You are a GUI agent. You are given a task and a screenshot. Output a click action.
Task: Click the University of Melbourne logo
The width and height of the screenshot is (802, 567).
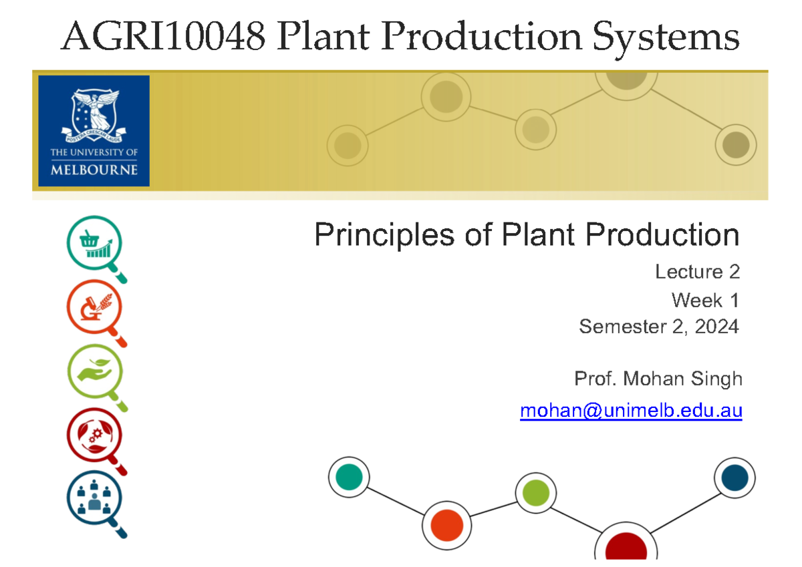94,131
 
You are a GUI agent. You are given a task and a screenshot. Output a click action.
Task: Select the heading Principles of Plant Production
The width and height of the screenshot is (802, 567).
527,235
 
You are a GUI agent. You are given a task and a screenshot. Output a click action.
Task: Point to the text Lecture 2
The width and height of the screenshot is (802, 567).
697,272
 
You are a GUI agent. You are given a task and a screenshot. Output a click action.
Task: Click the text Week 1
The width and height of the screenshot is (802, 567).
705,300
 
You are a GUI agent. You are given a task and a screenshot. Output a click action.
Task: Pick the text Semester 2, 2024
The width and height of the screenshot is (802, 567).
659,327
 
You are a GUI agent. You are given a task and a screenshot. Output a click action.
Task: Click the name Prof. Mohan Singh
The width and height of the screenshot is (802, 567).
658,379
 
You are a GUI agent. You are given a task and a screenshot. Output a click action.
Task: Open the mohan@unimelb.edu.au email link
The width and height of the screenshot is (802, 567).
631,411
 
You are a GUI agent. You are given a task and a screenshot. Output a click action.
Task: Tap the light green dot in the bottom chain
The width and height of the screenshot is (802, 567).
536,493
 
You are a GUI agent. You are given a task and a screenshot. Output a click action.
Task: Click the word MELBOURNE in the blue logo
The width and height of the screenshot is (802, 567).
94,170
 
